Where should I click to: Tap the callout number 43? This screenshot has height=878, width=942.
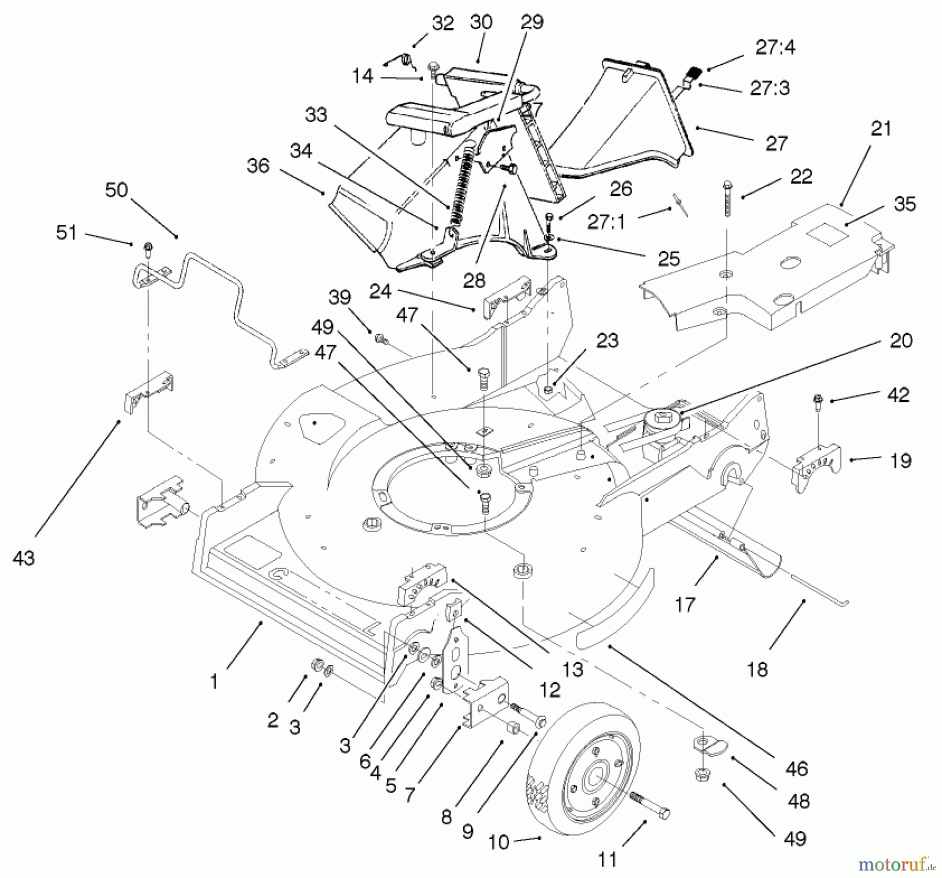[23, 558]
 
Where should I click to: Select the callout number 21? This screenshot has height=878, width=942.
[881, 128]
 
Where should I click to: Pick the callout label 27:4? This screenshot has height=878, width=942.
[775, 48]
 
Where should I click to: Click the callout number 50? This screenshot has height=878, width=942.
[116, 190]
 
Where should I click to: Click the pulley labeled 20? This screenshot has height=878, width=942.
[662, 420]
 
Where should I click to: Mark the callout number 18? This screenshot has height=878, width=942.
[757, 669]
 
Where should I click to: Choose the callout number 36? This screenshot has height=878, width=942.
[258, 166]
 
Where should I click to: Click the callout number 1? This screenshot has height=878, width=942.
[214, 682]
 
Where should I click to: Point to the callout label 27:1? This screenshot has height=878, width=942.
[605, 222]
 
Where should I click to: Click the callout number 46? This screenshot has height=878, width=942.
[797, 769]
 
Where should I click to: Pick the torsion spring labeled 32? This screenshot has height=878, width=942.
[407, 61]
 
